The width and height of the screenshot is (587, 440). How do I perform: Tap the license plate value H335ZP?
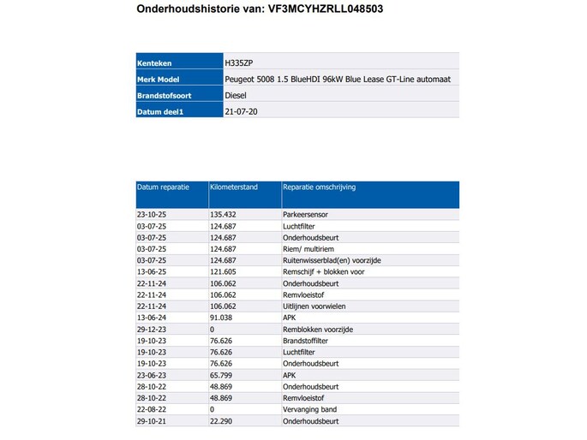tap(239, 62)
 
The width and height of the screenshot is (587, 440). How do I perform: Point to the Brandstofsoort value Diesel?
tap(235, 95)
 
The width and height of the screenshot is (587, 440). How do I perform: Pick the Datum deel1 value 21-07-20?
tap(240, 111)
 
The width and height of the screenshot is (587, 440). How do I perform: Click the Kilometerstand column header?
tap(234, 187)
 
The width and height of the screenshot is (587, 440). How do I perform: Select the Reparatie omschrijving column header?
tap(320, 187)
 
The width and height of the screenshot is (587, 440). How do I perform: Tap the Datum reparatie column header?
tap(161, 187)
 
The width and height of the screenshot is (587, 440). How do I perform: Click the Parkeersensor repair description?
tap(304, 214)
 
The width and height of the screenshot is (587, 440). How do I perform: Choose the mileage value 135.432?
tap(223, 214)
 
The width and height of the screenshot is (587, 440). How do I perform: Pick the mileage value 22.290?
tap(221, 421)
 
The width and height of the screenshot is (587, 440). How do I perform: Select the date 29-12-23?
tap(151, 329)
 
